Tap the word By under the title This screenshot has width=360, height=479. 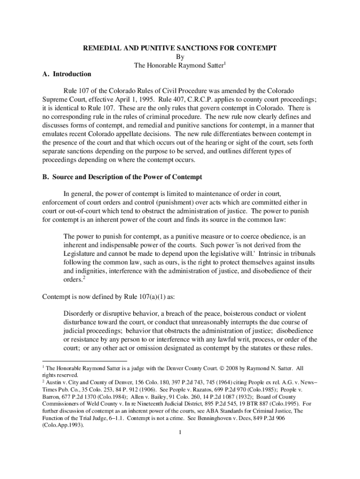[180, 57]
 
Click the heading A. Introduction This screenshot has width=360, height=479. [66, 74]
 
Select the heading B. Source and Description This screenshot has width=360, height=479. [122, 177]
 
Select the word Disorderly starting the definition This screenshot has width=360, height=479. [79, 313]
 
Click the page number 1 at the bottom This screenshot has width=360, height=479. [180, 432]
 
